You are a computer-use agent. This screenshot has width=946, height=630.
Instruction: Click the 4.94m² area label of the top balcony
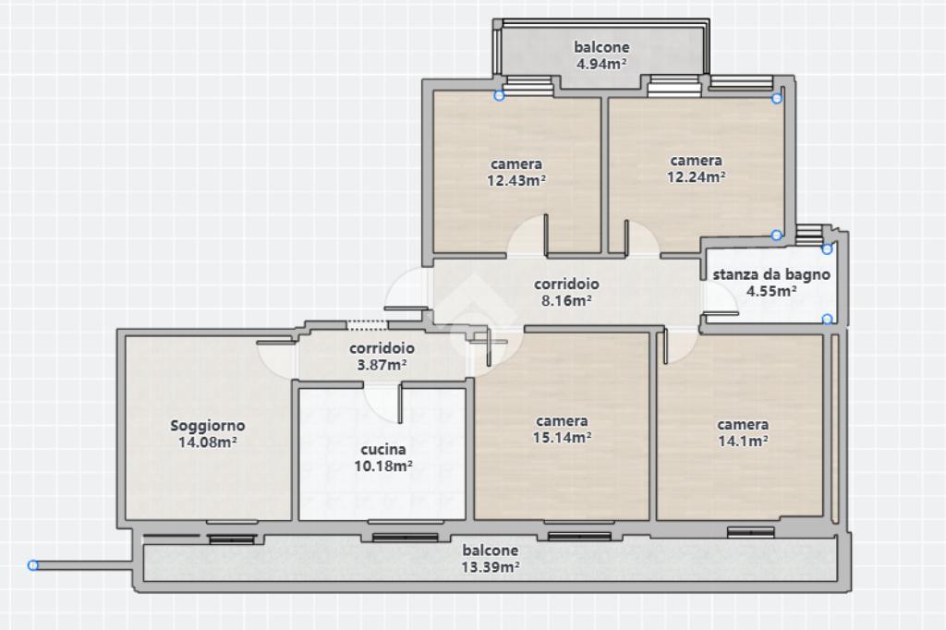tap(600, 64)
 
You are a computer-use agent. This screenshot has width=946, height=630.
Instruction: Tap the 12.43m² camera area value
tap(516, 180)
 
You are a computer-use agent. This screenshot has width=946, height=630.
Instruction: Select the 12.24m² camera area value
tap(697, 176)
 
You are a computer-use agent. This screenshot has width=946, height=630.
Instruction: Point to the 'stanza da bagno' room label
tap(771, 274)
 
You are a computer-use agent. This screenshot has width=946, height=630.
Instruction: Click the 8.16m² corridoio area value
tap(566, 300)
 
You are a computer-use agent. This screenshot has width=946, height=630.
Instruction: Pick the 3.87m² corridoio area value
tap(382, 365)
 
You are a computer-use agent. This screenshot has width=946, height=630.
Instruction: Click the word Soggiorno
tap(208, 426)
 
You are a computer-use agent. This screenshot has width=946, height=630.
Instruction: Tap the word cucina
tap(383, 450)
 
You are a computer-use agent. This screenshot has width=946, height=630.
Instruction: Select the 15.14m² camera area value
tap(562, 438)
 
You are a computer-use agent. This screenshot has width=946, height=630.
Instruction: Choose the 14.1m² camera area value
tap(743, 442)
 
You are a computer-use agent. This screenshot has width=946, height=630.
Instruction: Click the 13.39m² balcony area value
tap(491, 567)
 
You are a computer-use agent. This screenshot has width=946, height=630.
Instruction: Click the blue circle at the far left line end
tap(33, 565)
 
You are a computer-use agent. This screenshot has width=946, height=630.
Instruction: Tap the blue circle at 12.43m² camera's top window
tap(499, 95)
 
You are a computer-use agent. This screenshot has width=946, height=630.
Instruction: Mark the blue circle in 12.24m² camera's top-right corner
tap(777, 98)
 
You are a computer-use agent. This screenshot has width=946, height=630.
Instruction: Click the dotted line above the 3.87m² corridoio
tap(367, 325)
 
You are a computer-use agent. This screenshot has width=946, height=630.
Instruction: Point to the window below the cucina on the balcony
tap(405, 537)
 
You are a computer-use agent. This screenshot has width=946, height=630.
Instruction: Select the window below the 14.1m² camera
tap(750, 532)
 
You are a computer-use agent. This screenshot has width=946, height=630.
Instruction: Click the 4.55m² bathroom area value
tap(771, 292)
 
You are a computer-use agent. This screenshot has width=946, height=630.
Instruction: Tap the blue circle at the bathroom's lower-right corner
tap(828, 320)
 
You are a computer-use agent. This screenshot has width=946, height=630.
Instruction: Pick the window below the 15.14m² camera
tap(579, 536)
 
